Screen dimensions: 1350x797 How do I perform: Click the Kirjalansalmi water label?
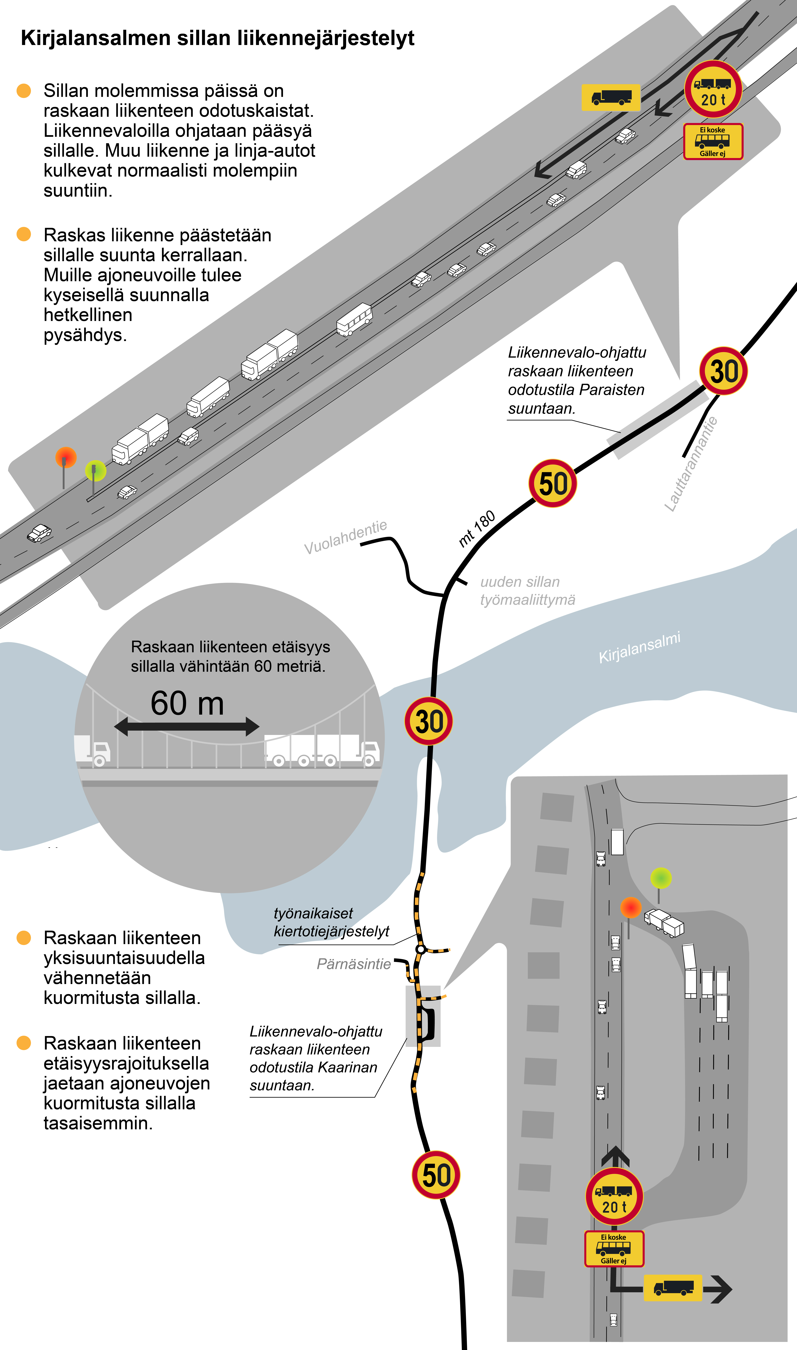coord(639,647)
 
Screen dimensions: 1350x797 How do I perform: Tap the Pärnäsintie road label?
coord(353,964)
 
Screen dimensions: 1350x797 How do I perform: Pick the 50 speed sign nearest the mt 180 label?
coord(553,483)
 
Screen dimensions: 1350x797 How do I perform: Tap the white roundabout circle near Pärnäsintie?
coord(420,950)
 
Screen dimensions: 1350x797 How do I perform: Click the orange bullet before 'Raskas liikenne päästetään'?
coord(24,234)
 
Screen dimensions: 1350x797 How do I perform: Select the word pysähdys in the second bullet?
coord(85,335)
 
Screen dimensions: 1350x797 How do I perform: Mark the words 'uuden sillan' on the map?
coord(520,582)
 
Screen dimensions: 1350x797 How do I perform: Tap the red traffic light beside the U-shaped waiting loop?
coord(631,908)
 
